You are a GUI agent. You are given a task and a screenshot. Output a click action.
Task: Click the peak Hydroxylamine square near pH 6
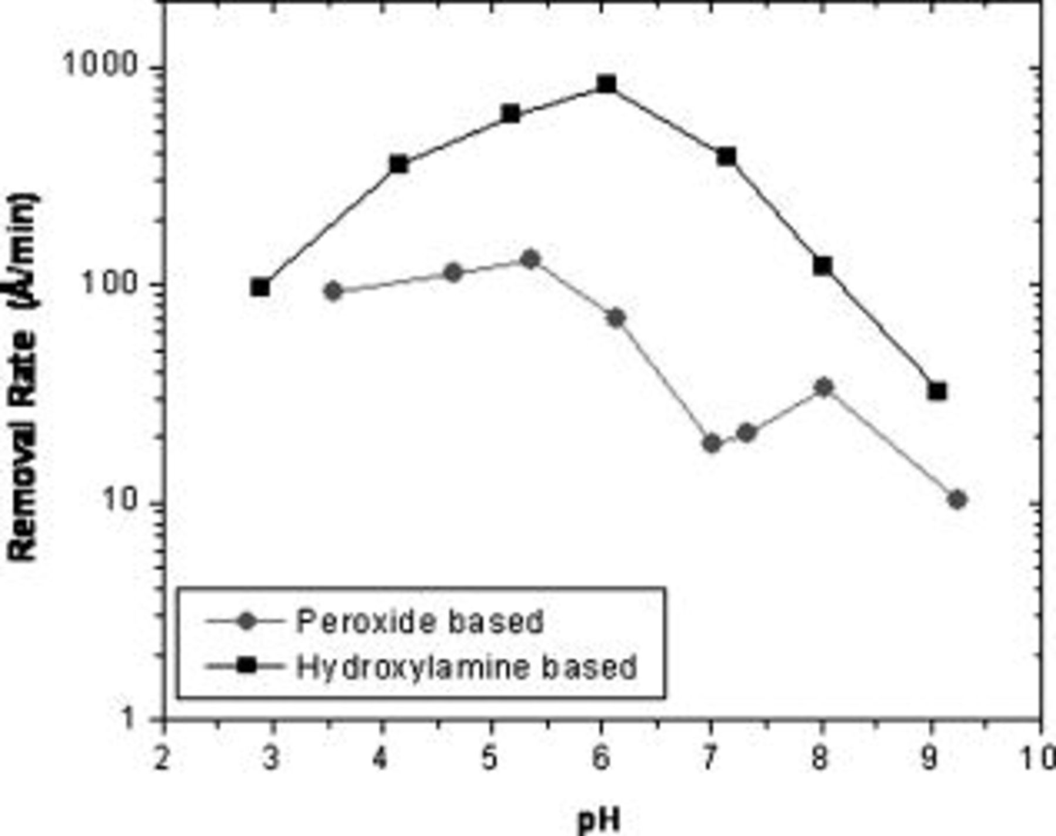[x=607, y=84]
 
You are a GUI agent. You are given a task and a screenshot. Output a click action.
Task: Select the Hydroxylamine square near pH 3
[x=260, y=287]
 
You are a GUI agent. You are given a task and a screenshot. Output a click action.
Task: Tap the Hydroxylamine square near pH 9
[x=937, y=391]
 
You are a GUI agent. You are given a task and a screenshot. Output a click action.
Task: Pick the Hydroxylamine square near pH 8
[x=823, y=266]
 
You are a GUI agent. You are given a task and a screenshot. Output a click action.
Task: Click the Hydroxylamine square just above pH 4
[x=398, y=165]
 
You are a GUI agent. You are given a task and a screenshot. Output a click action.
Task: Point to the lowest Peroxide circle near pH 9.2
[x=957, y=500]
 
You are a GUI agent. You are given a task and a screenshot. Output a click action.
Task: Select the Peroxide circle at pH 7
[x=712, y=444]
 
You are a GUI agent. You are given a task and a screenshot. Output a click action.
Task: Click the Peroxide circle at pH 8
[x=824, y=387]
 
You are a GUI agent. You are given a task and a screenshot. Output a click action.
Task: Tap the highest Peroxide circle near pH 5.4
[x=530, y=259]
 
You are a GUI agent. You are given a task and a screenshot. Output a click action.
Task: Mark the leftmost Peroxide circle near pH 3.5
[x=333, y=291]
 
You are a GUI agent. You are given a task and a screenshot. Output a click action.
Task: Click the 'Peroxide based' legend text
[x=419, y=622]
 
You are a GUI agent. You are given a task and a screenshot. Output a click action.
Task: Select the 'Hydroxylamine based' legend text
[x=466, y=667]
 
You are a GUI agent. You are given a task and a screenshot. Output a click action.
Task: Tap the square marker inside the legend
[x=246, y=666]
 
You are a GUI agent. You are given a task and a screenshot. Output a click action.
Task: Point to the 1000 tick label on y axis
[x=100, y=65]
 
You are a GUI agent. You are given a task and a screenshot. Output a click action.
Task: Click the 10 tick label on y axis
[x=117, y=502]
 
